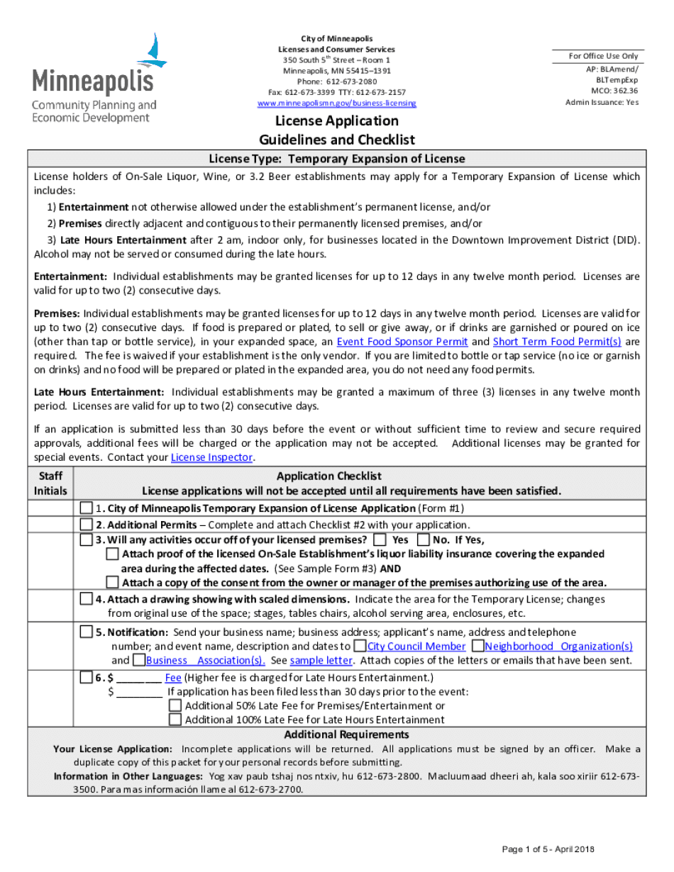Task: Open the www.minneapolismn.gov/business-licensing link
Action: pyautogui.click(x=337, y=104)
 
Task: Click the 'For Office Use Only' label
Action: pyautogui.click(x=603, y=56)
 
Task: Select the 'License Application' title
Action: pyautogui.click(x=337, y=121)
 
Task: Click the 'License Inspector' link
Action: pyautogui.click(x=211, y=457)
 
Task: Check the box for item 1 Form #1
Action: pyautogui.click(x=86, y=508)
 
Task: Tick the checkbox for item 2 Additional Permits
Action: pyautogui.click(x=86, y=525)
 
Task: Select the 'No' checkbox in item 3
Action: pyautogui.click(x=424, y=540)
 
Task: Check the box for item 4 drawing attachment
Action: pyautogui.click(x=86, y=599)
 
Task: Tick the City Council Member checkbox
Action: pyautogui.click(x=360, y=646)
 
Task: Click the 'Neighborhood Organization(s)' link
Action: pyautogui.click(x=558, y=646)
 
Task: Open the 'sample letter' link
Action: pyautogui.click(x=321, y=660)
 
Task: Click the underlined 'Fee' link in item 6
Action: pyautogui.click(x=172, y=678)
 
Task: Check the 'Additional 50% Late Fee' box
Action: pyautogui.click(x=175, y=706)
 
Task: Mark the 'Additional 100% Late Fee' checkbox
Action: pyautogui.click(x=175, y=720)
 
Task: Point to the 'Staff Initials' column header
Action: pyautogui.click(x=50, y=483)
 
